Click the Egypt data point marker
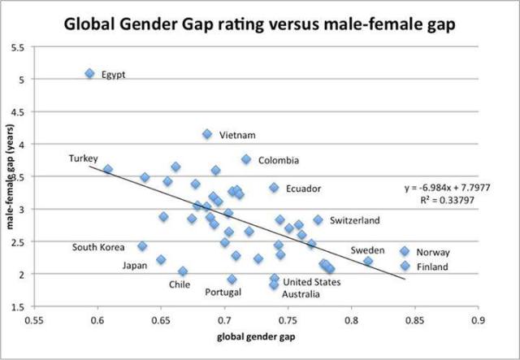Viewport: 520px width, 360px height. [89, 74]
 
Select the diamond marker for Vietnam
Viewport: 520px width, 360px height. [207, 134]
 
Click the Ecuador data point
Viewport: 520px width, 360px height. [275, 188]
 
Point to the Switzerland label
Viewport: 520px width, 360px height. [354, 220]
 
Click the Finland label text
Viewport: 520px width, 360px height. [431, 266]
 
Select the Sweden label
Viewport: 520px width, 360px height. [366, 250]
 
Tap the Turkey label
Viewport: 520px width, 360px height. [83, 157]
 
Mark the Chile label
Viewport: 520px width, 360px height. [180, 284]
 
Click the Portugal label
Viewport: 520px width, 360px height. [223, 293]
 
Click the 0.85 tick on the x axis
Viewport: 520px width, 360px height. [415, 321]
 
